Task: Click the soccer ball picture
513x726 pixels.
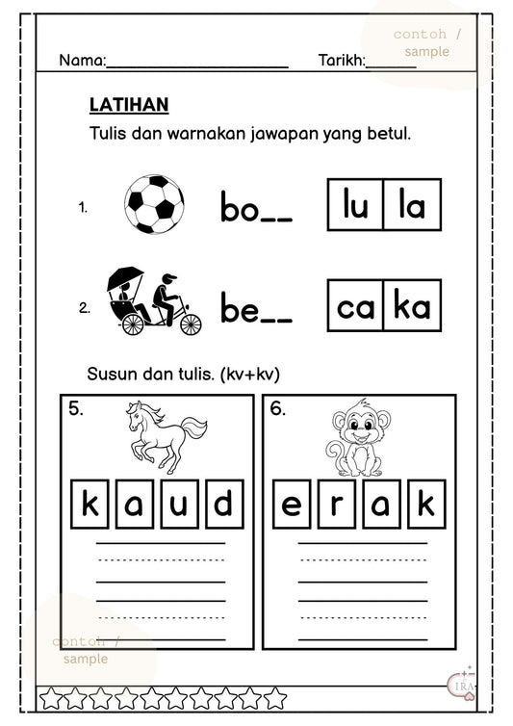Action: click(154, 204)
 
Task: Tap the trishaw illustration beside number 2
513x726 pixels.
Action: click(152, 301)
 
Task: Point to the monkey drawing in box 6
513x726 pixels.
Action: click(355, 438)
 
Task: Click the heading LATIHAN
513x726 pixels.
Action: click(128, 104)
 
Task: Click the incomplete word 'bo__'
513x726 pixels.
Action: click(256, 207)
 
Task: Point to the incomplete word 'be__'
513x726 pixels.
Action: click(256, 309)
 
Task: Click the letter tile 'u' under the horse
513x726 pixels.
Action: click(180, 505)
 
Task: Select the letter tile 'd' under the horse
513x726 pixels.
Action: click(221, 505)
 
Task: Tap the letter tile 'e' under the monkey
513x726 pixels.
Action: click(292, 505)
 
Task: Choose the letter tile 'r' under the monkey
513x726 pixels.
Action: click(334, 505)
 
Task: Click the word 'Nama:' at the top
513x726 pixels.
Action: click(82, 61)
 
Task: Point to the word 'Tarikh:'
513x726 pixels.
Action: click(342, 61)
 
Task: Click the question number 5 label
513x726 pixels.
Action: click(76, 409)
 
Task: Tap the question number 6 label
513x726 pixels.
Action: click(278, 409)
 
